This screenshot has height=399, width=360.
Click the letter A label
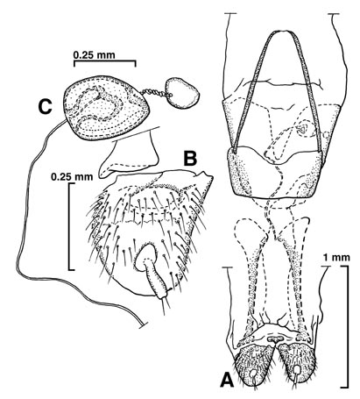[227, 380]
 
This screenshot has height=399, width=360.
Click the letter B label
[190, 159]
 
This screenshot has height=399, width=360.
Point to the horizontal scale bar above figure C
[105, 61]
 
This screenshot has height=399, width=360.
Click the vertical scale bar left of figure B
[70, 226]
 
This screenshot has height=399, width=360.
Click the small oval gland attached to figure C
[182, 93]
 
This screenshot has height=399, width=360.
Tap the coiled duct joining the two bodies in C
[154, 93]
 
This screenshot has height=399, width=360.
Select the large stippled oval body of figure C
[107, 107]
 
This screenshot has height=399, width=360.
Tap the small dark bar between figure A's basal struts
[275, 338]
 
